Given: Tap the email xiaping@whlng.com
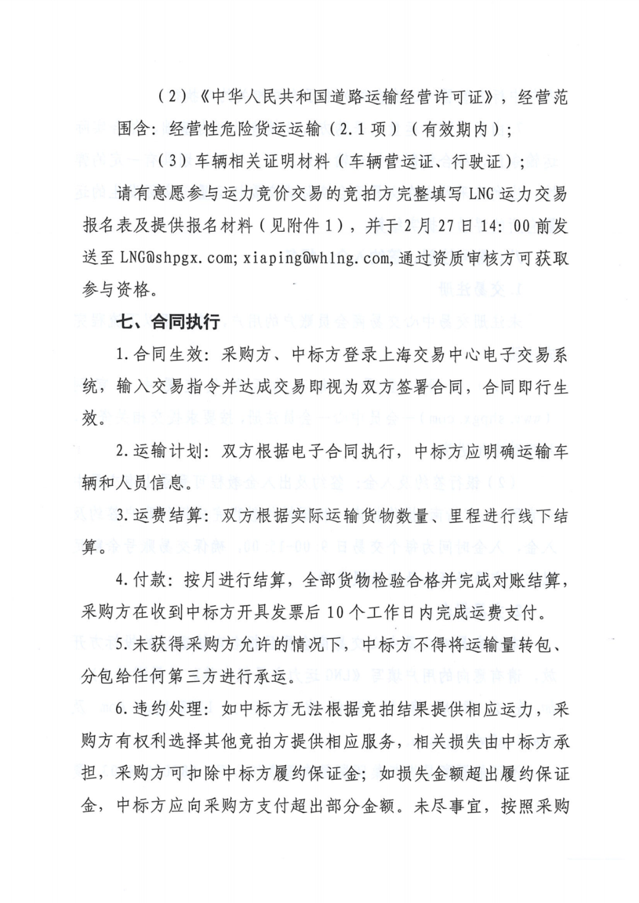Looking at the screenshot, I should point(316,258).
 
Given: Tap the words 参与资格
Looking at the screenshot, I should point(117,290).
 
